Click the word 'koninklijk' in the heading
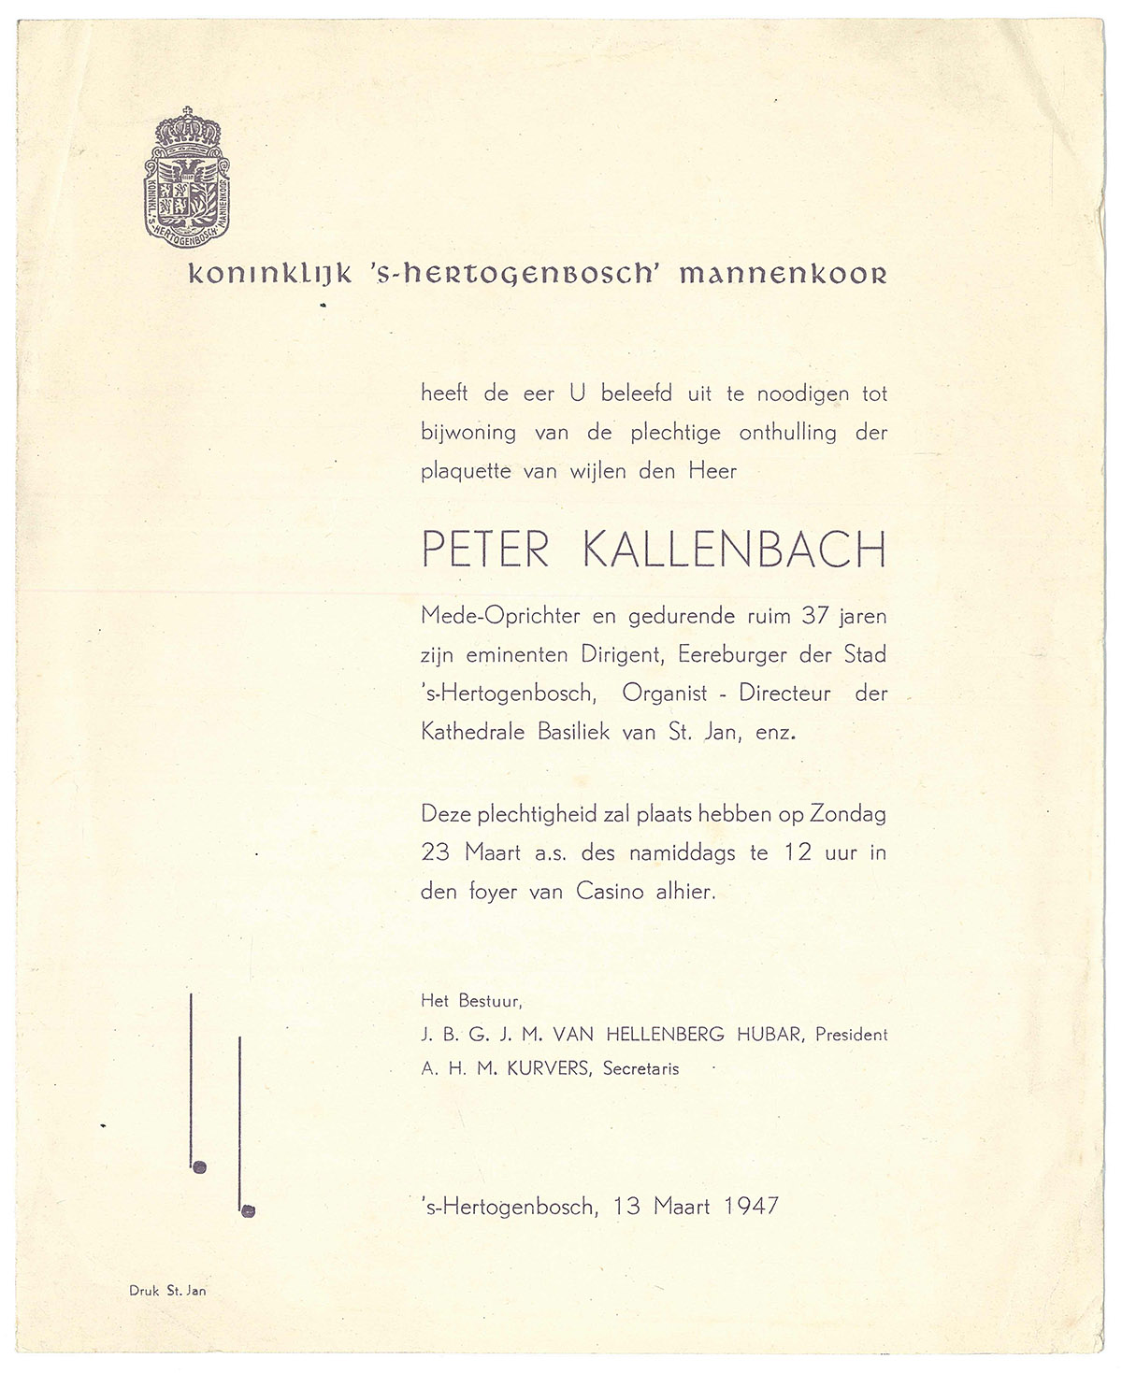(x=251, y=275)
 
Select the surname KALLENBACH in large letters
(x=734, y=551)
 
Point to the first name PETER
(x=485, y=551)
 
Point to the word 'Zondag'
(x=847, y=813)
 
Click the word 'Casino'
(x=609, y=892)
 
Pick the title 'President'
(x=851, y=1035)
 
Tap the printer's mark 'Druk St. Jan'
(x=167, y=1291)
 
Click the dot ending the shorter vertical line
(x=248, y=1211)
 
